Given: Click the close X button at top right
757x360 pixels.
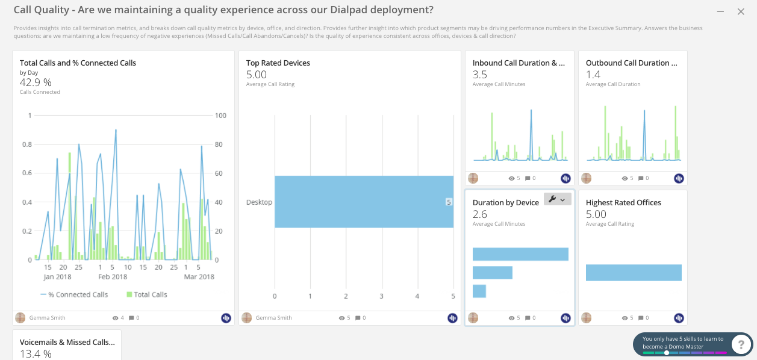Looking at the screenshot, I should pyautogui.click(x=741, y=11).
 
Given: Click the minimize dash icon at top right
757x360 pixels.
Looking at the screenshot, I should pyautogui.click(x=720, y=11).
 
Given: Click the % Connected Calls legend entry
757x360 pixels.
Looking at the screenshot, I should pyautogui.click(x=74, y=294).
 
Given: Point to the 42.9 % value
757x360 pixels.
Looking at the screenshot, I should pyautogui.click(x=36, y=83).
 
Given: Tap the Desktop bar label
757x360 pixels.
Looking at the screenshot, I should pyautogui.click(x=259, y=202).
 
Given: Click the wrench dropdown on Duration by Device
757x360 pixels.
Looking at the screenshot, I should pyautogui.click(x=557, y=199).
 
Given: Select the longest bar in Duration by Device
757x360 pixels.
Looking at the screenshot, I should pyautogui.click(x=520, y=254).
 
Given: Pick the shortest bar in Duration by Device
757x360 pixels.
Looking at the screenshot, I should pyautogui.click(x=479, y=291).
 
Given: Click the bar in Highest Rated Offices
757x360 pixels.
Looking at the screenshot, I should pyautogui.click(x=634, y=273).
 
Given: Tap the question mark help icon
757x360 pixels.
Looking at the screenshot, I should pyautogui.click(x=741, y=344).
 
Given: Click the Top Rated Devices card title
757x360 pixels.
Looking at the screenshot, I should pyautogui.click(x=278, y=63).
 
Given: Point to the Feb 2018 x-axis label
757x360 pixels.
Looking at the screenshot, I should pyautogui.click(x=113, y=277).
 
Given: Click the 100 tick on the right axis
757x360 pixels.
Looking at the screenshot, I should pyautogui.click(x=220, y=116).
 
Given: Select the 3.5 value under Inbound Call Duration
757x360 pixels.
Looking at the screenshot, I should pyautogui.click(x=480, y=75).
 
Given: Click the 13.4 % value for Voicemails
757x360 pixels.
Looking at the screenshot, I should pyautogui.click(x=36, y=353).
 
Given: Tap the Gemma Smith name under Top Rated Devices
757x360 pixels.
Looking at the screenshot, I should pyautogui.click(x=273, y=318).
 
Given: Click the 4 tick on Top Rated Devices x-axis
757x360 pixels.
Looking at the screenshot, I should pyautogui.click(x=417, y=296).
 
